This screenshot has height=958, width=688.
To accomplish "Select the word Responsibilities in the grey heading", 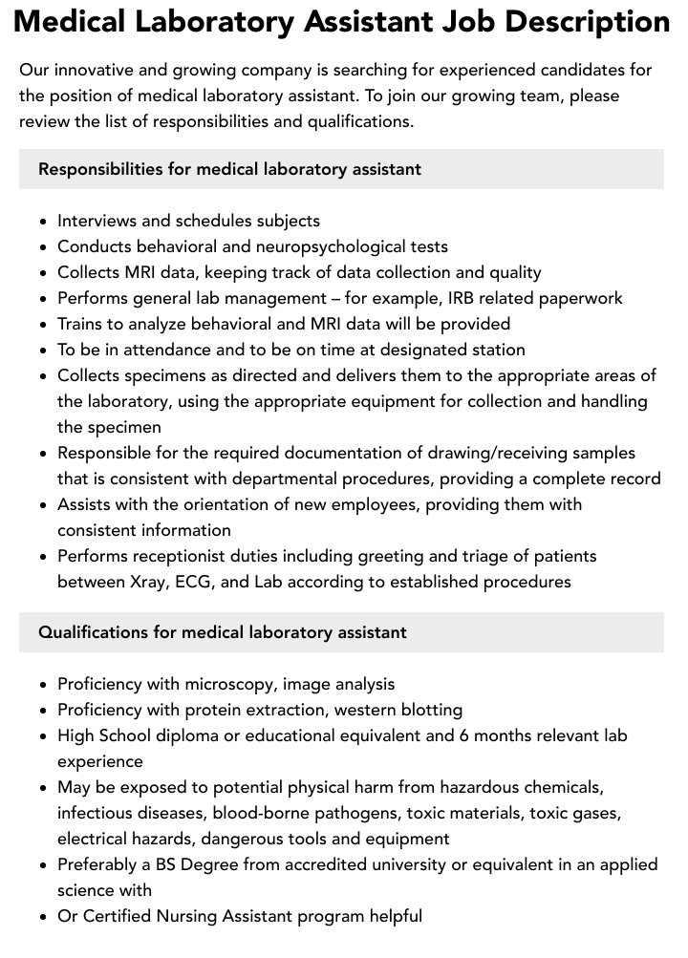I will click(100, 169).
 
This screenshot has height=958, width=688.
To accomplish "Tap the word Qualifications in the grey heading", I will click(92, 632).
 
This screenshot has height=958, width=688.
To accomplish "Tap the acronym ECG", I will click(198, 582).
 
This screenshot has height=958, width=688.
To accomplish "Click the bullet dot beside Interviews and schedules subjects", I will click(43, 222).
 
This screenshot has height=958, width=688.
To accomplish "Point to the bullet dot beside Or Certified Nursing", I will click(43, 917).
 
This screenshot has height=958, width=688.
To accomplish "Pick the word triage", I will click(494, 556).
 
